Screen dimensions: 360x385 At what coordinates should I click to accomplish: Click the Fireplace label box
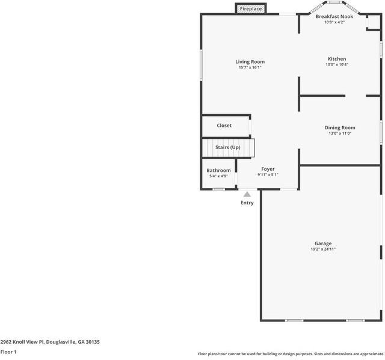[251, 9]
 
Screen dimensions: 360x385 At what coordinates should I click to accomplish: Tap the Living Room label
[250, 62]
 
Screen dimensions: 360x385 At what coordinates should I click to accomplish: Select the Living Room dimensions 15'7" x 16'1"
[250, 68]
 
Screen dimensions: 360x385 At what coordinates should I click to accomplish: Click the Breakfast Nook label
[334, 16]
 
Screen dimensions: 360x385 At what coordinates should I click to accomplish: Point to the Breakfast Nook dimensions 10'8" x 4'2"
[334, 22]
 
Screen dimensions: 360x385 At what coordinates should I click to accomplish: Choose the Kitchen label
[337, 59]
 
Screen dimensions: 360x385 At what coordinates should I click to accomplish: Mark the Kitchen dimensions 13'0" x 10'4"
[337, 65]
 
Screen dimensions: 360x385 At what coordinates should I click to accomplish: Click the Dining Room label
[340, 127]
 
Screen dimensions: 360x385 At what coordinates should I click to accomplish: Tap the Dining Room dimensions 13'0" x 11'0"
[340, 133]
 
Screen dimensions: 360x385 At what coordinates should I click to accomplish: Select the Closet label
[224, 126]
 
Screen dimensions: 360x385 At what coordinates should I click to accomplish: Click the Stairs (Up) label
[228, 147]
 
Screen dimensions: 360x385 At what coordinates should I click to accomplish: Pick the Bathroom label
[218, 171]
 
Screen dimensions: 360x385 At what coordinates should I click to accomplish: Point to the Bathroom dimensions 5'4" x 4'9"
[218, 176]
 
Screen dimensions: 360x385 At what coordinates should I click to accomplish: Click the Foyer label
[268, 169]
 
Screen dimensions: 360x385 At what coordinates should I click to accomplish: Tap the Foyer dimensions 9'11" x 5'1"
[268, 175]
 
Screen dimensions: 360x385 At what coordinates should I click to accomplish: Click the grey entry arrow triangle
[247, 194]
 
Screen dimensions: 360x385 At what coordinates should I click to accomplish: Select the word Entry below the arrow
[247, 203]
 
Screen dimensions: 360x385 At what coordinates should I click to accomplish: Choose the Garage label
[323, 243]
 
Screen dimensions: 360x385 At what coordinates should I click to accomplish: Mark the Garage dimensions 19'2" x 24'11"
[323, 249]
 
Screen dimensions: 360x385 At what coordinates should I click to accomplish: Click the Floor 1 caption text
[8, 352]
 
